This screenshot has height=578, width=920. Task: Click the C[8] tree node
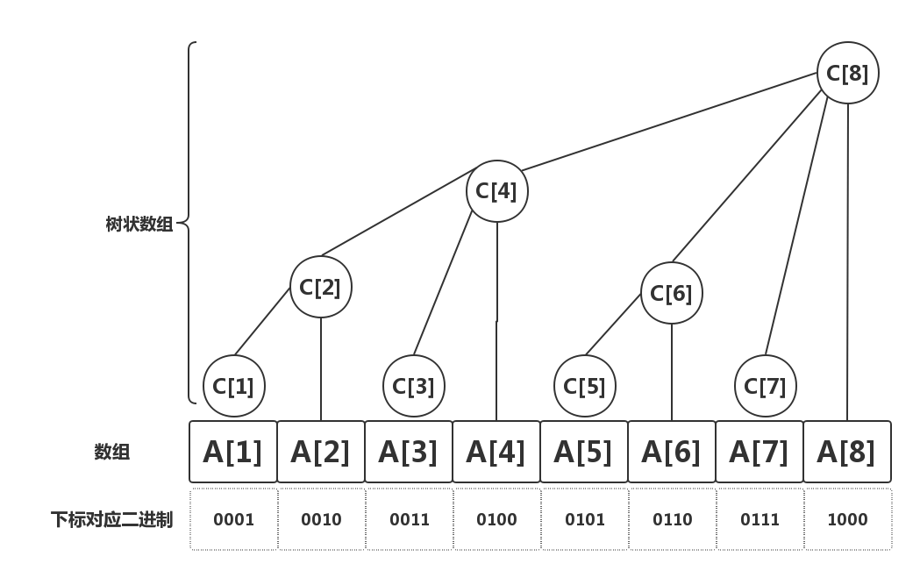tap(847, 73)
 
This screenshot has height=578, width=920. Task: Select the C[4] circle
tap(497, 191)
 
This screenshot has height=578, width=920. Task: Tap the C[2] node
tap(320, 287)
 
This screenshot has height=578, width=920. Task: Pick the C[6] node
tap(671, 293)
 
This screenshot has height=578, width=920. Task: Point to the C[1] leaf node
tap(234, 386)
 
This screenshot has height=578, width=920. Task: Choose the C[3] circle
tap(414, 386)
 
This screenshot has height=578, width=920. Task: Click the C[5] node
tap(584, 386)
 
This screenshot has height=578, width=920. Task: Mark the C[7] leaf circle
tap(765, 386)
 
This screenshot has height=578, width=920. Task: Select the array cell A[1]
tap(233, 452)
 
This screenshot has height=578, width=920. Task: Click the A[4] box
tap(496, 452)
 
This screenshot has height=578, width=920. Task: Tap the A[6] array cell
tap(672, 452)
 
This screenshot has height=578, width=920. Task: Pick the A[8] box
tap(847, 452)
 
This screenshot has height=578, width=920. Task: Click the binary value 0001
tap(233, 520)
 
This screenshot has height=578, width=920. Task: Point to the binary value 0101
tap(585, 520)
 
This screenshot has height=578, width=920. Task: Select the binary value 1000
tap(847, 520)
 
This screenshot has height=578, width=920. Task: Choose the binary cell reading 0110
tap(673, 519)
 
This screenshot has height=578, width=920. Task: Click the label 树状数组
tap(139, 225)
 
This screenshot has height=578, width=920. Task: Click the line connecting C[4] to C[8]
tap(669, 121)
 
